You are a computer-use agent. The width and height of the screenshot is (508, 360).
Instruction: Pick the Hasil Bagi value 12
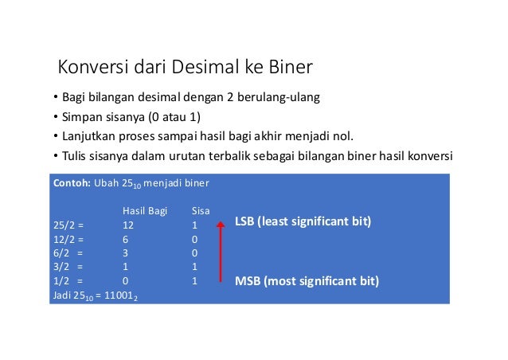[x=127, y=225]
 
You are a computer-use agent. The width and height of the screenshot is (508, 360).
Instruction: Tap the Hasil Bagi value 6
[x=125, y=239]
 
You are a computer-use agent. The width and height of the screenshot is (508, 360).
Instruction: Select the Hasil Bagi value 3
[x=125, y=253]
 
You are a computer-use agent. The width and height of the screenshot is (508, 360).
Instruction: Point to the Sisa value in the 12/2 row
[x=195, y=239]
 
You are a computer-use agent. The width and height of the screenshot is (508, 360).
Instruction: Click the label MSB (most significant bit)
[x=307, y=282]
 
